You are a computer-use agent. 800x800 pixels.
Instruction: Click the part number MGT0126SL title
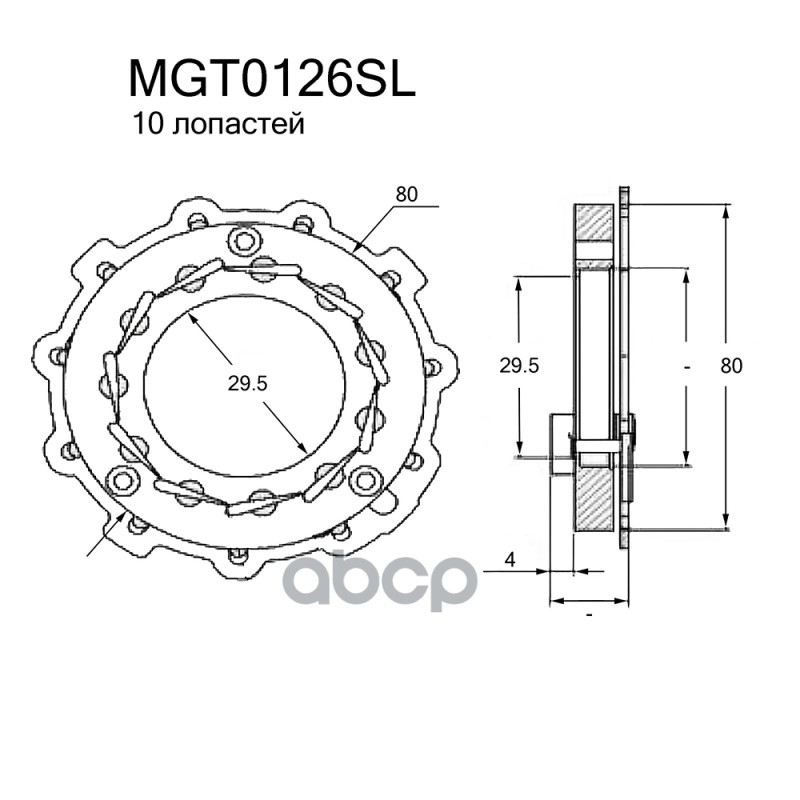(272, 80)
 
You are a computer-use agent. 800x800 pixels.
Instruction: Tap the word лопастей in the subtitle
(238, 124)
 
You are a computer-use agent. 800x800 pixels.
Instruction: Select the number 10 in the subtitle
(147, 123)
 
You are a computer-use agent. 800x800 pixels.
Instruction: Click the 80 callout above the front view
(406, 194)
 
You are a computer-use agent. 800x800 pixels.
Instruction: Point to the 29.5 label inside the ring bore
(247, 384)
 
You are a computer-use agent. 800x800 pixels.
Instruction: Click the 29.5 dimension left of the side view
(519, 366)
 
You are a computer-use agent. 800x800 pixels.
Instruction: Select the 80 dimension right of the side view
(731, 366)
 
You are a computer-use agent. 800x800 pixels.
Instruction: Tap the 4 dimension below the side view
(510, 560)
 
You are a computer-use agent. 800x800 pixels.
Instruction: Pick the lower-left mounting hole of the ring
(121, 480)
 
